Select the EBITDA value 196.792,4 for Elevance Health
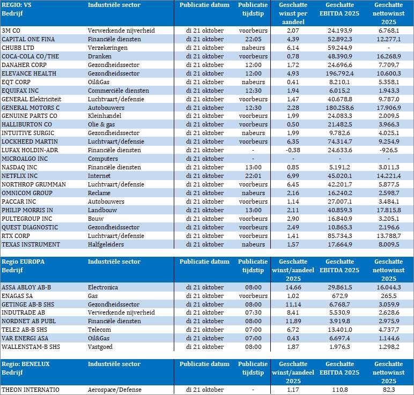(343, 73)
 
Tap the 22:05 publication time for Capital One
(253, 39)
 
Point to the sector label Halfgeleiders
(106, 244)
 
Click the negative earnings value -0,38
(293, 150)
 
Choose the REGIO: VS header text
(17, 4)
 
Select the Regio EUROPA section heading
(23, 262)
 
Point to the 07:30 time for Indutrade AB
(253, 313)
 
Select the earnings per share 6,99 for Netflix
(293, 176)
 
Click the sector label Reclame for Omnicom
(100, 193)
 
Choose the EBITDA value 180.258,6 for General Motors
(343, 108)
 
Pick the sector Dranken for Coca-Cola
(100, 56)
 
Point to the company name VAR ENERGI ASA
(26, 339)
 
